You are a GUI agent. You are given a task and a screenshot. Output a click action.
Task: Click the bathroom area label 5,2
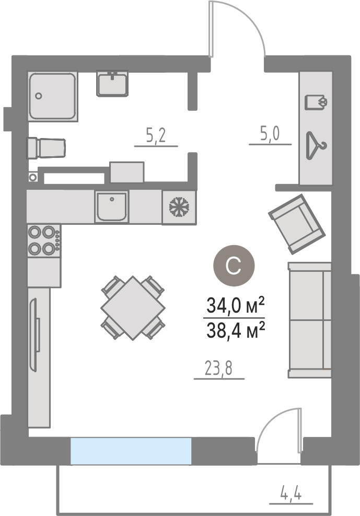tap(156, 135)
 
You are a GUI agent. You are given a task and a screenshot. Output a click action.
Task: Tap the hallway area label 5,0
tap(270, 134)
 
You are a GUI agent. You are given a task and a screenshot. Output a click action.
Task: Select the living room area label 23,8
tap(218, 368)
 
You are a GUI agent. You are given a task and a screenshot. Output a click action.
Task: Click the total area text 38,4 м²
tap(236, 330)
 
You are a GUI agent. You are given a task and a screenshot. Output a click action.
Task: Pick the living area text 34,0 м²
tap(236, 305)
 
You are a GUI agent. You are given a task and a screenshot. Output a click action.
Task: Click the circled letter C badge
tap(234, 266)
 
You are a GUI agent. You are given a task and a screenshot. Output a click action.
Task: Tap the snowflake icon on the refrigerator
tap(179, 207)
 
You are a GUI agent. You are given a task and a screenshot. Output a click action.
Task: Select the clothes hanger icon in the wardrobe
tap(316, 145)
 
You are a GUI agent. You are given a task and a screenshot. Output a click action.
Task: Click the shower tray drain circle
tap(39, 96)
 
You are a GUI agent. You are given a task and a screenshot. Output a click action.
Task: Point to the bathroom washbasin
tap(112, 83)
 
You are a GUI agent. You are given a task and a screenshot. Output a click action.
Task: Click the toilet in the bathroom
tap(46, 148)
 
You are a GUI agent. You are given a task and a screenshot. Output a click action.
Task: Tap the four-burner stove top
tap(44, 241)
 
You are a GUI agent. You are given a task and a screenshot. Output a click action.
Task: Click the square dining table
tap(133, 308)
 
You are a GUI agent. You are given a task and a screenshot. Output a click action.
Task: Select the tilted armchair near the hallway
tap(297, 224)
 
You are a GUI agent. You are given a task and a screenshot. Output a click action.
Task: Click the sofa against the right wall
tap(310, 320)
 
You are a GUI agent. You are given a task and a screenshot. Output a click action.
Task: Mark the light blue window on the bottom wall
tap(131, 451)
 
